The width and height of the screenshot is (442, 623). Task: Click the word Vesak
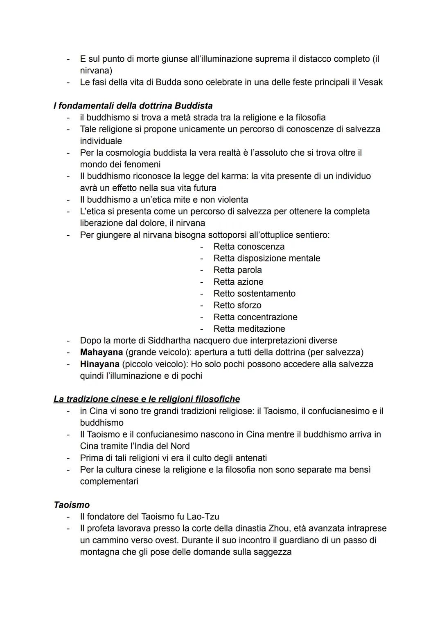(370, 82)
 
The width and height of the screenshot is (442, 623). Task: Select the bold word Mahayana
(101, 352)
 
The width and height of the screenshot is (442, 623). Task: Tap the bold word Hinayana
(99, 364)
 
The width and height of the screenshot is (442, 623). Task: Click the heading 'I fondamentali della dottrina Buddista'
(133, 106)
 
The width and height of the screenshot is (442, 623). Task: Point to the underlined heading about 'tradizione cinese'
(147, 399)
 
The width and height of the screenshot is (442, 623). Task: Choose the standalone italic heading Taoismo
(72, 505)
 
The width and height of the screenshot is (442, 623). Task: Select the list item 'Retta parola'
(237, 270)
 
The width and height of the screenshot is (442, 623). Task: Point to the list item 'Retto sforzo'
(237, 305)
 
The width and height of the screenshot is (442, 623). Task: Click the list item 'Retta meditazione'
(249, 329)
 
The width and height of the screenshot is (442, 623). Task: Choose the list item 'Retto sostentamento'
(254, 293)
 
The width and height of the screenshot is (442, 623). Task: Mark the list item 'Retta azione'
(238, 282)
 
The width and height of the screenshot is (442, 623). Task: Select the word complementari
(109, 482)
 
